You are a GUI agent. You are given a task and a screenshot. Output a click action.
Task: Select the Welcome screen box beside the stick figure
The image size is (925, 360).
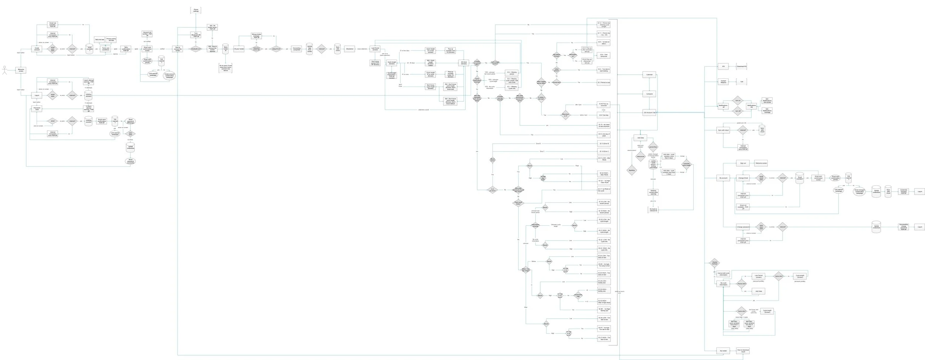click(21, 70)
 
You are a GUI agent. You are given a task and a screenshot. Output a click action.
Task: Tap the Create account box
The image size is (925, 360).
click(37, 48)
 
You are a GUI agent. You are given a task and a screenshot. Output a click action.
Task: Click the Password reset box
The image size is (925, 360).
click(37, 109)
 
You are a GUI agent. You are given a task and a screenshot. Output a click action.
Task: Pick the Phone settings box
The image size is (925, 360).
click(196, 10)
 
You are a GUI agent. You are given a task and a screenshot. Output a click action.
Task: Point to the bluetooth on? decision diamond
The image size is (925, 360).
click(196, 48)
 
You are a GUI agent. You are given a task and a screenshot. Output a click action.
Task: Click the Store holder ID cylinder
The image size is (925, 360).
click(225, 49)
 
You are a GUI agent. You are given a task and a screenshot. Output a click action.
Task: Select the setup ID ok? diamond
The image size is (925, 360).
click(276, 49)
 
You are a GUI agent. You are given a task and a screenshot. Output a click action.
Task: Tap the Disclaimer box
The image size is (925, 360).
click(350, 49)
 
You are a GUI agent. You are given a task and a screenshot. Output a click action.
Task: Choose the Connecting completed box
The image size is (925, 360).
click(297, 49)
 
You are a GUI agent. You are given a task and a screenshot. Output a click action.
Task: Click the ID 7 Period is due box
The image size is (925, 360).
click(604, 82)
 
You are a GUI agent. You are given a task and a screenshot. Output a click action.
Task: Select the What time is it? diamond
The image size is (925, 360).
click(566, 115)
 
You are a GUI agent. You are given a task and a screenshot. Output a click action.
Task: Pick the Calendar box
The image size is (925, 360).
click(649, 75)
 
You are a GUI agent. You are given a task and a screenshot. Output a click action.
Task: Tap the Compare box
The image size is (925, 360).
click(649, 94)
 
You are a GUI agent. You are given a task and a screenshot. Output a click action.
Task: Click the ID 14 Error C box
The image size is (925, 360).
click(604, 151)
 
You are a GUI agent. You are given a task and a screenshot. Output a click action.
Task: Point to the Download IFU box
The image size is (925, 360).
click(742, 66)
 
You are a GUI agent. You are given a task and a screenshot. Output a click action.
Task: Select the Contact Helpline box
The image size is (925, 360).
click(723, 81)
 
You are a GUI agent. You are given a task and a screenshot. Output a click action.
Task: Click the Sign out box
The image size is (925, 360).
click(743, 163)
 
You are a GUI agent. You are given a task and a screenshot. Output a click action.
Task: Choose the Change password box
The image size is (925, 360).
click(743, 227)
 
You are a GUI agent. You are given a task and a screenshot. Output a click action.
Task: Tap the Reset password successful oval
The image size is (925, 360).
click(130, 162)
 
